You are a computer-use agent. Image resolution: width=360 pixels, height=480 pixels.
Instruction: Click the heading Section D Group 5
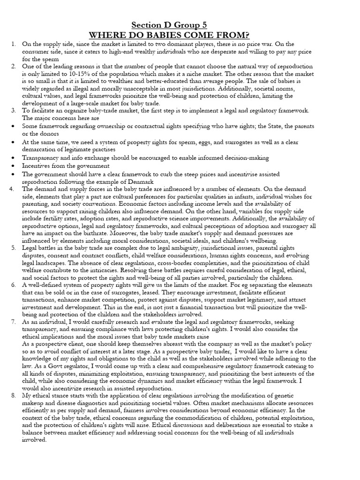(169, 25)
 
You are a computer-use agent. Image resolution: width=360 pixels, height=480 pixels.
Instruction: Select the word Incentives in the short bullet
(36, 166)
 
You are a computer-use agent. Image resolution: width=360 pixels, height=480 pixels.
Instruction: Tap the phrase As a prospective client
(52, 343)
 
